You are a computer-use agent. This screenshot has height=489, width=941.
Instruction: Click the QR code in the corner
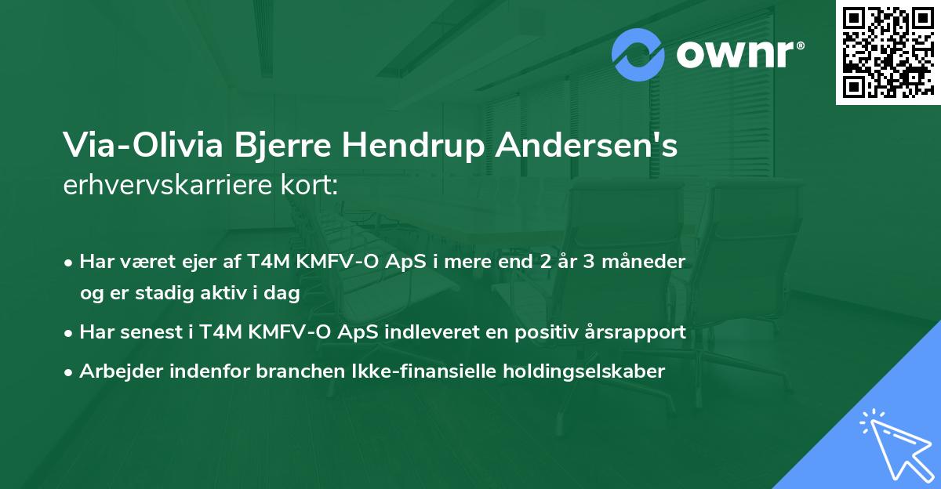pyautogui.click(x=887, y=52)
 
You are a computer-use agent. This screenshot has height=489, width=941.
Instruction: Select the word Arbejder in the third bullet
pyautogui.click(x=115, y=371)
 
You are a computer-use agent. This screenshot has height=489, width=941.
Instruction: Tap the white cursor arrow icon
pyautogui.click(x=894, y=446)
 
